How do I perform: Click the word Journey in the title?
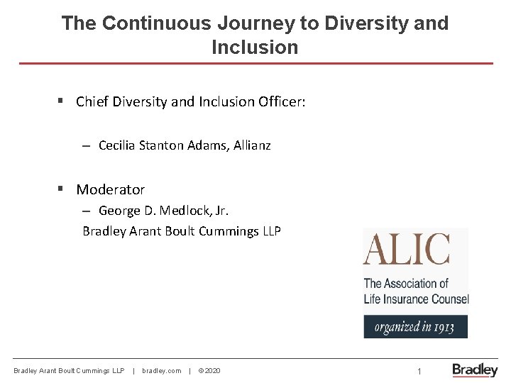259,23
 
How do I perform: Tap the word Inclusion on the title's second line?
255,48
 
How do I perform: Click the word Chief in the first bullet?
92,101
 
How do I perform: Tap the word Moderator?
110,189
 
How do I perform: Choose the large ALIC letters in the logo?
407,250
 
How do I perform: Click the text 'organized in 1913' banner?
415,327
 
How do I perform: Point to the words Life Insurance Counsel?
416,299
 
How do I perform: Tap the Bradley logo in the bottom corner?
475,370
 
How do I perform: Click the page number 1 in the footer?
419,371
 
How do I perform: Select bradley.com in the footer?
161,371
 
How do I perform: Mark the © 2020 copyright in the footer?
209,371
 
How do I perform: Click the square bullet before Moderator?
61,189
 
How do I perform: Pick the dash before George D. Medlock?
85,211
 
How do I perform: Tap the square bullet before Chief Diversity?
61,101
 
